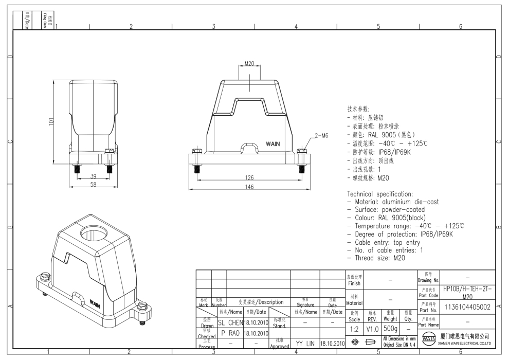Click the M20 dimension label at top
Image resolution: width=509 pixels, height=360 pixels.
(x=249, y=64)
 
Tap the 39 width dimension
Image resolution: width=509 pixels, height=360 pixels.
(x=93, y=176)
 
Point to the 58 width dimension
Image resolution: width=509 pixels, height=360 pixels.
(x=93, y=185)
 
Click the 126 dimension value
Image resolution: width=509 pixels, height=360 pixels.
(x=249, y=178)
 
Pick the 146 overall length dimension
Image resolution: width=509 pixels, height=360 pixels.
(x=249, y=187)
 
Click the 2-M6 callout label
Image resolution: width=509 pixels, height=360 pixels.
(x=321, y=136)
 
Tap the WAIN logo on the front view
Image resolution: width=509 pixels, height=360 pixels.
(x=272, y=145)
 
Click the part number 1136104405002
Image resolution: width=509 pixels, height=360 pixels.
(x=467, y=307)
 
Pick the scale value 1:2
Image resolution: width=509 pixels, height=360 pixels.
(x=354, y=329)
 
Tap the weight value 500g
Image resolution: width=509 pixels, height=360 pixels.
(x=390, y=329)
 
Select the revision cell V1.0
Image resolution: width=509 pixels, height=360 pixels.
(x=372, y=329)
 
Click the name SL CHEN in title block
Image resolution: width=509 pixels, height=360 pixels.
(x=230, y=322)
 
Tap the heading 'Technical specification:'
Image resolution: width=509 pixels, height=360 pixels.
(x=380, y=194)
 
